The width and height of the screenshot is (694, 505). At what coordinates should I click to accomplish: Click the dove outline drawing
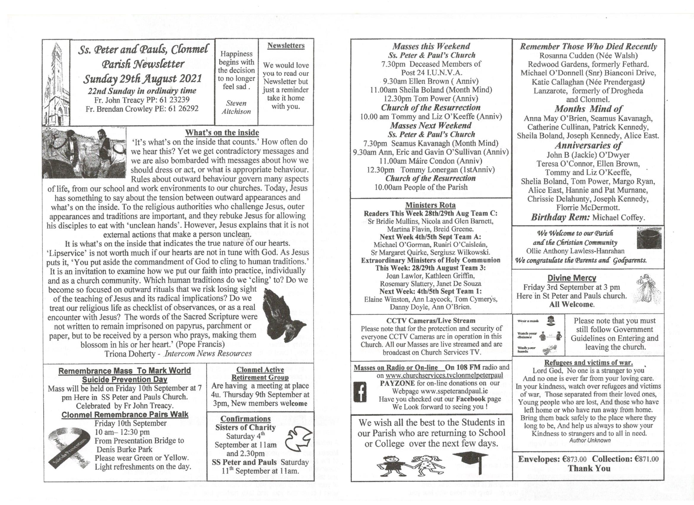click(298, 440)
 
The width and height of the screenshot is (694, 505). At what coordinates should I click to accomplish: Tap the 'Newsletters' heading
click(286, 46)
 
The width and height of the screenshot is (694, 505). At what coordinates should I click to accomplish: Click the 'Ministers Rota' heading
click(430, 205)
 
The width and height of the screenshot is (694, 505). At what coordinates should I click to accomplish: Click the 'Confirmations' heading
click(245, 419)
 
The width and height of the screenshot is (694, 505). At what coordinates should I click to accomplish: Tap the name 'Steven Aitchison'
click(236, 107)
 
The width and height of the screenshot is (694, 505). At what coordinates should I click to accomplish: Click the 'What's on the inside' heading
click(222, 132)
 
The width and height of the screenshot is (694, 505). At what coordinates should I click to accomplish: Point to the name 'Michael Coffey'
click(618, 217)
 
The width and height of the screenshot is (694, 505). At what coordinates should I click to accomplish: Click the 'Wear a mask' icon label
click(528, 321)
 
